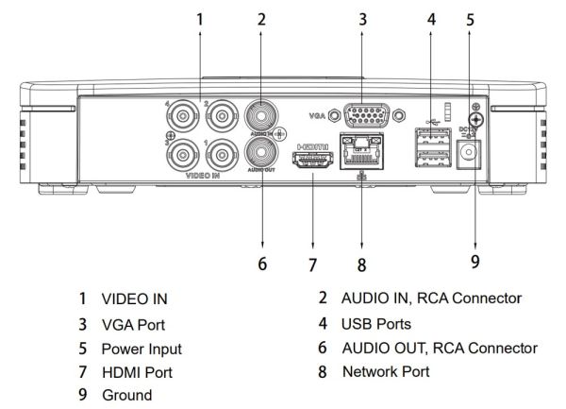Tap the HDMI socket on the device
(312, 163)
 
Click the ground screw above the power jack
(477, 119)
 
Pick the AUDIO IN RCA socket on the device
(260, 116)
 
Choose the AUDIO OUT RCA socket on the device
(260, 151)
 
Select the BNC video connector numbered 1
(222, 152)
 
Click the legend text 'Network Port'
(386, 371)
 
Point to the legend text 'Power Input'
(141, 349)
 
